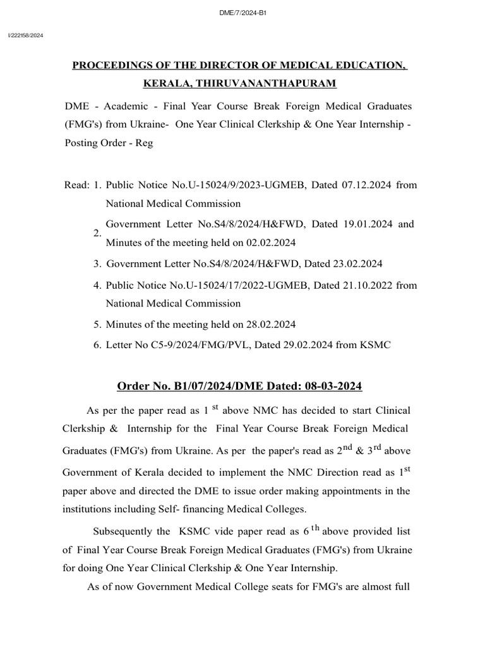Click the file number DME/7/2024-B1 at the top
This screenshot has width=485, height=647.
pyautogui.click(x=242, y=12)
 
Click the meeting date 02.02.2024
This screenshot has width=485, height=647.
pyautogui.click(x=269, y=243)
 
